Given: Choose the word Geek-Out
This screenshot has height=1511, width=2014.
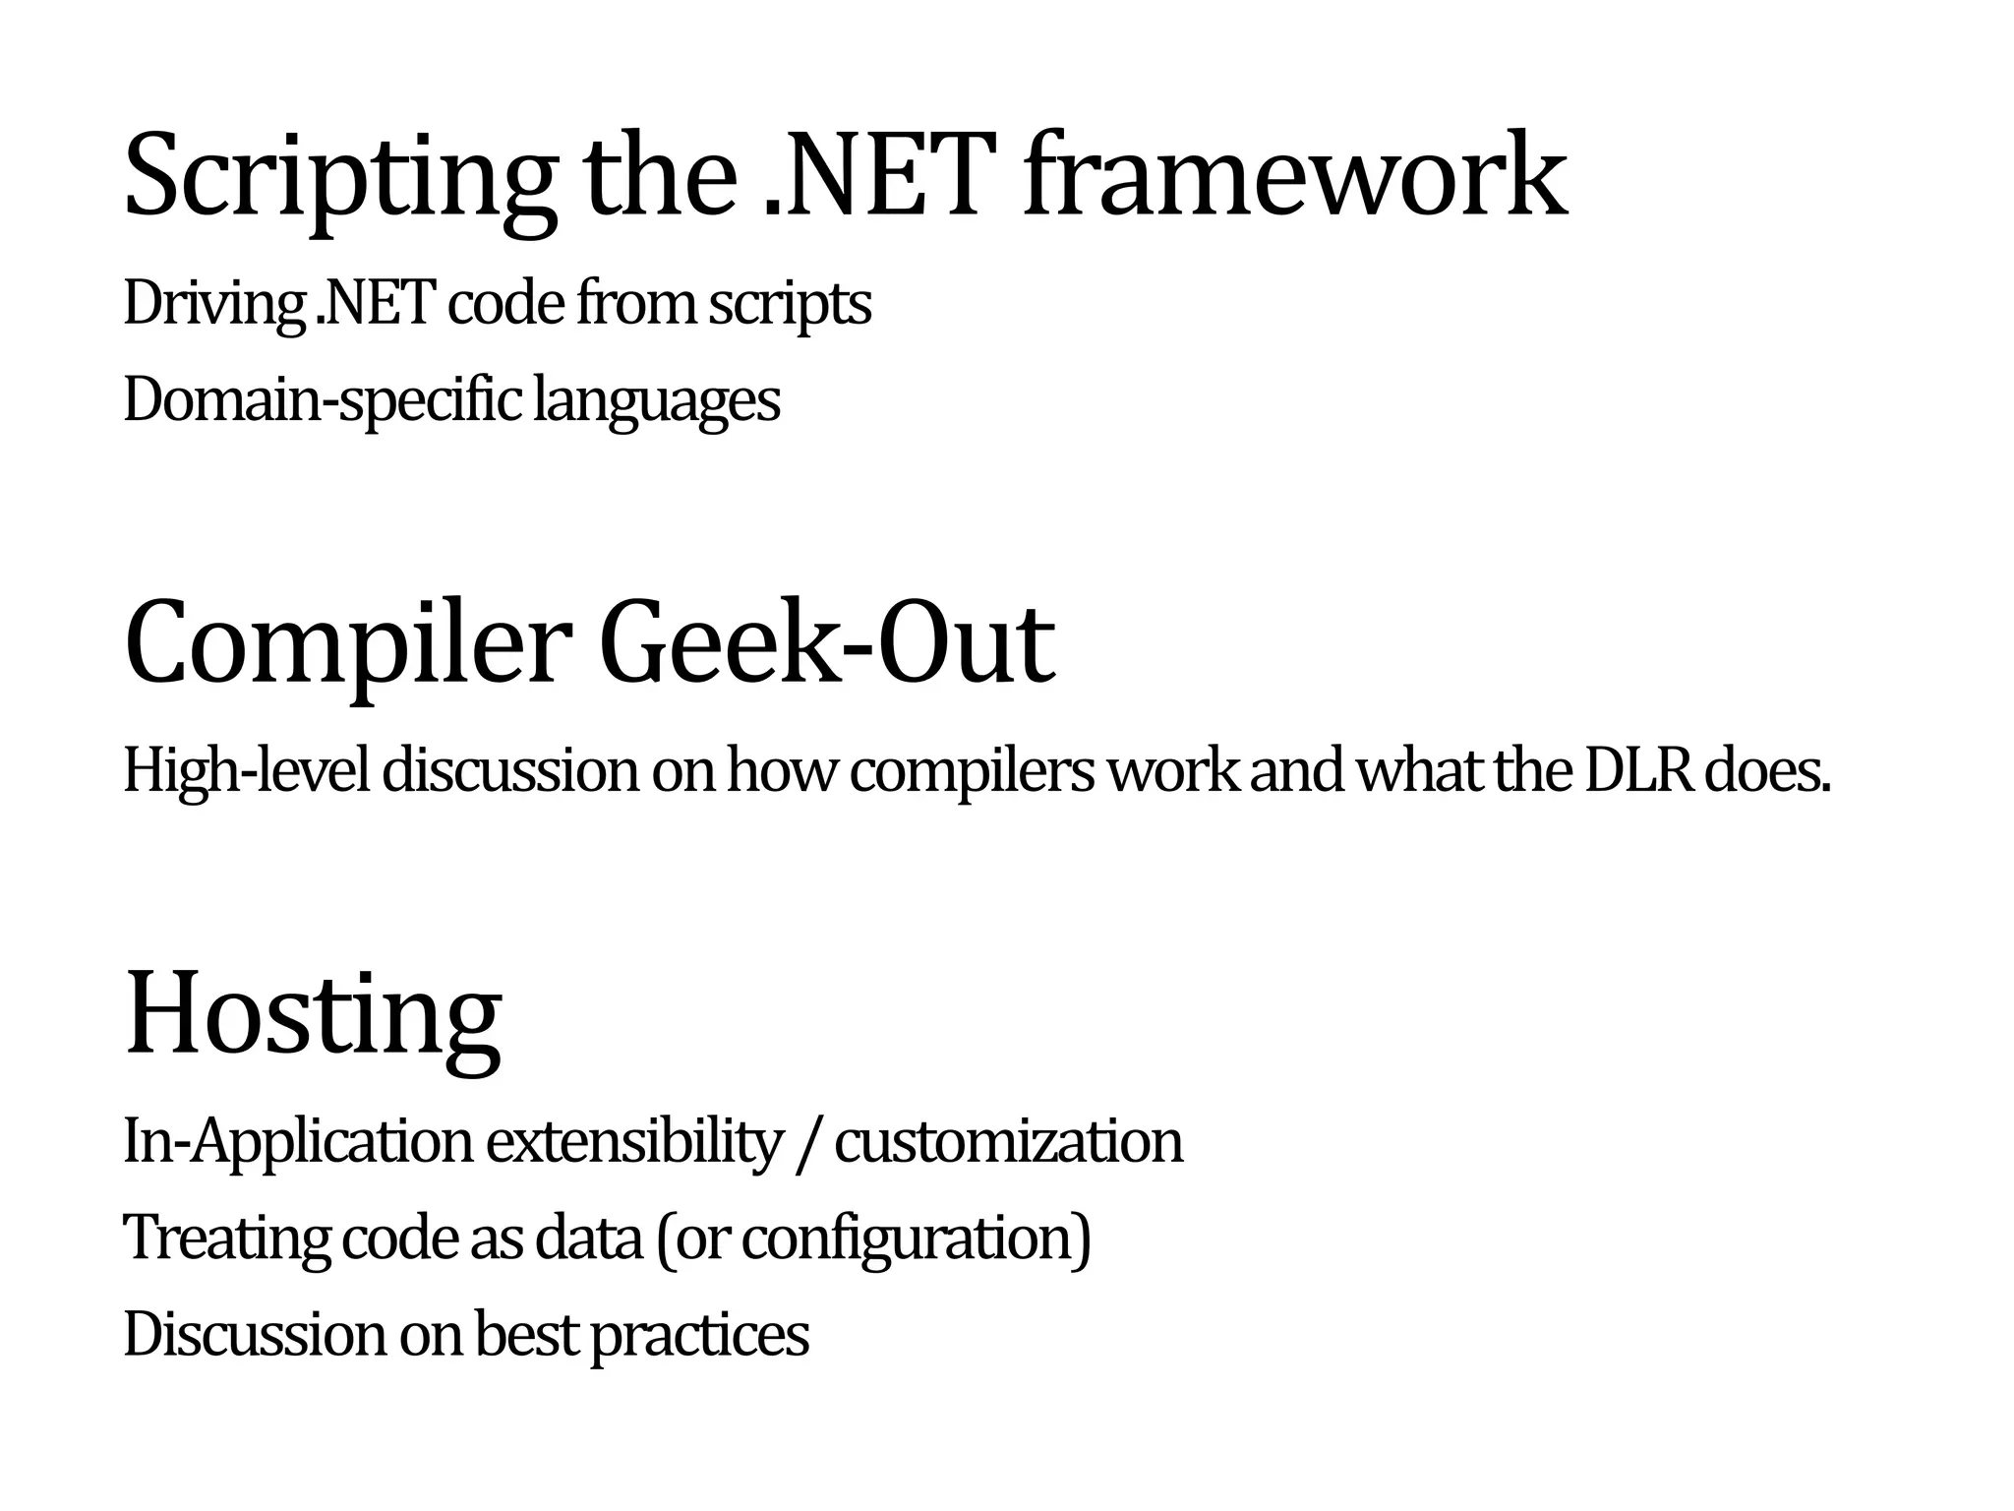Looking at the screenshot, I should pyautogui.click(x=828, y=644).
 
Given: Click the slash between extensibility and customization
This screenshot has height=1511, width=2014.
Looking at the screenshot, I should pyautogui.click(x=807, y=1143).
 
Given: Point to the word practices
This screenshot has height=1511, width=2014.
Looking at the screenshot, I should pyautogui.click(x=699, y=1335).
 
